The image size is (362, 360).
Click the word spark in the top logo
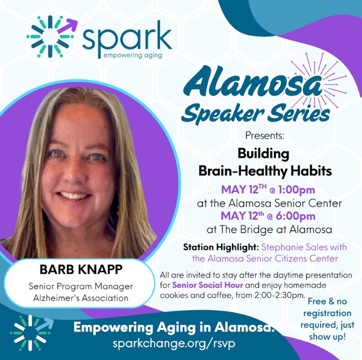tap(127, 38)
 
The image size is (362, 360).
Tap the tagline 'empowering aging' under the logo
tap(132, 55)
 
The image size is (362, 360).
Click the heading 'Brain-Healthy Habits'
tap(264, 171)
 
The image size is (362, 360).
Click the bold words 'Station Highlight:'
tap(220, 247)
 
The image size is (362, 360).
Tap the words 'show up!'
tap(327, 336)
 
